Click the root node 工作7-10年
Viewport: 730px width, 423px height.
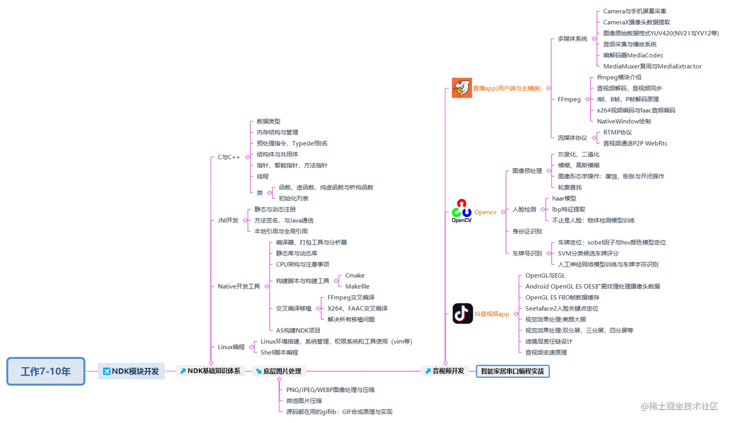[46, 371]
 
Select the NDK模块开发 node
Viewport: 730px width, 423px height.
[131, 371]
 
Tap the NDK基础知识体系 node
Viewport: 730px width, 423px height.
[210, 371]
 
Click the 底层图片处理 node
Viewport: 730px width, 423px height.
[279, 371]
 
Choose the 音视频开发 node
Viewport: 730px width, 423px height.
[445, 371]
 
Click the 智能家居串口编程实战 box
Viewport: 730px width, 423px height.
[512, 371]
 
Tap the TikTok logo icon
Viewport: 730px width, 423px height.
[463, 314]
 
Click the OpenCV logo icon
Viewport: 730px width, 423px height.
[462, 211]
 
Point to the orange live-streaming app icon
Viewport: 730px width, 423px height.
[462, 88]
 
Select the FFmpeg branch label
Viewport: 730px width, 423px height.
[569, 99]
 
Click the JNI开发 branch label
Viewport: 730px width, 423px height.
[228, 220]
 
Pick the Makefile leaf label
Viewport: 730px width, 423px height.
[357, 287]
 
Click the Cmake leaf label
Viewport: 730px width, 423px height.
[355, 275]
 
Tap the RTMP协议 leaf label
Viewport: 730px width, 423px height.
[618, 132]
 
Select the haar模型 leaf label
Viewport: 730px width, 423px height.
[564, 198]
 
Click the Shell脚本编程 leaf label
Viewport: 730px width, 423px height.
[280, 353]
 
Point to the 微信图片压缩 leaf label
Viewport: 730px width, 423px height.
[304, 401]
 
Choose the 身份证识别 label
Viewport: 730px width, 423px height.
[527, 232]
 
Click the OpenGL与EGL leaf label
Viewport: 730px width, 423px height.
[545, 275]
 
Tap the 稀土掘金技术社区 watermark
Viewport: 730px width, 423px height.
[679, 406]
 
